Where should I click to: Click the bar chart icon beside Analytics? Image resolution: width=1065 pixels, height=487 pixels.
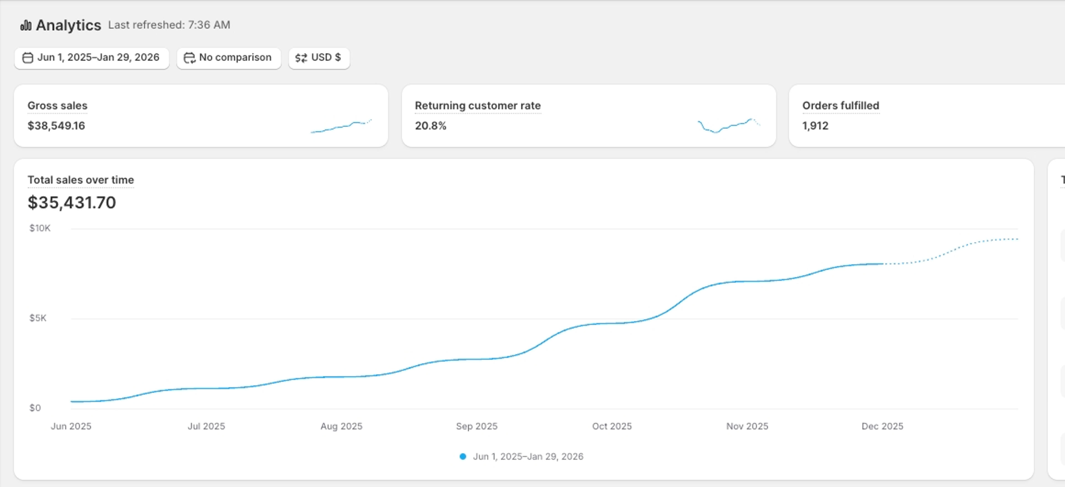point(26,25)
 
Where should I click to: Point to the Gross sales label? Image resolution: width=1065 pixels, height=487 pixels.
point(57,106)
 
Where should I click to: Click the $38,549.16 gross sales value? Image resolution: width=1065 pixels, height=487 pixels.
point(56,126)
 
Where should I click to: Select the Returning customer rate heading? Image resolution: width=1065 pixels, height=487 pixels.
point(478,106)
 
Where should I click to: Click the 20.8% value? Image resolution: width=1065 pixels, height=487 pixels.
point(430,126)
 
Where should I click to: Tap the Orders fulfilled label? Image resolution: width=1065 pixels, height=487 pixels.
point(841,106)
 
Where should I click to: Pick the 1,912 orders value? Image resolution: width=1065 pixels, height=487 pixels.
point(815,126)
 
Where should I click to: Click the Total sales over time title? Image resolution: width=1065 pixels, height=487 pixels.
point(81,180)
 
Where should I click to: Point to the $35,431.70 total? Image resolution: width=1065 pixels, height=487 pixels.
point(72,202)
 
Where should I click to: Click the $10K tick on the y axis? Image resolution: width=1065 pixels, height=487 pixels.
point(40,228)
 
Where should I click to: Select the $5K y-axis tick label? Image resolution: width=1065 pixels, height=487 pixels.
point(38,318)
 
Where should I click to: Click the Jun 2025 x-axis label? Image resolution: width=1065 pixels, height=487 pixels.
point(71,426)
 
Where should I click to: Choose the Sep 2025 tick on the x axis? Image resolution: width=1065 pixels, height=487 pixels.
point(477,426)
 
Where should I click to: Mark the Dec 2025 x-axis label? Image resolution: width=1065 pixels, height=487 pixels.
point(882,426)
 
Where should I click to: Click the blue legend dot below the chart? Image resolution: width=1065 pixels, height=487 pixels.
point(463,456)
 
